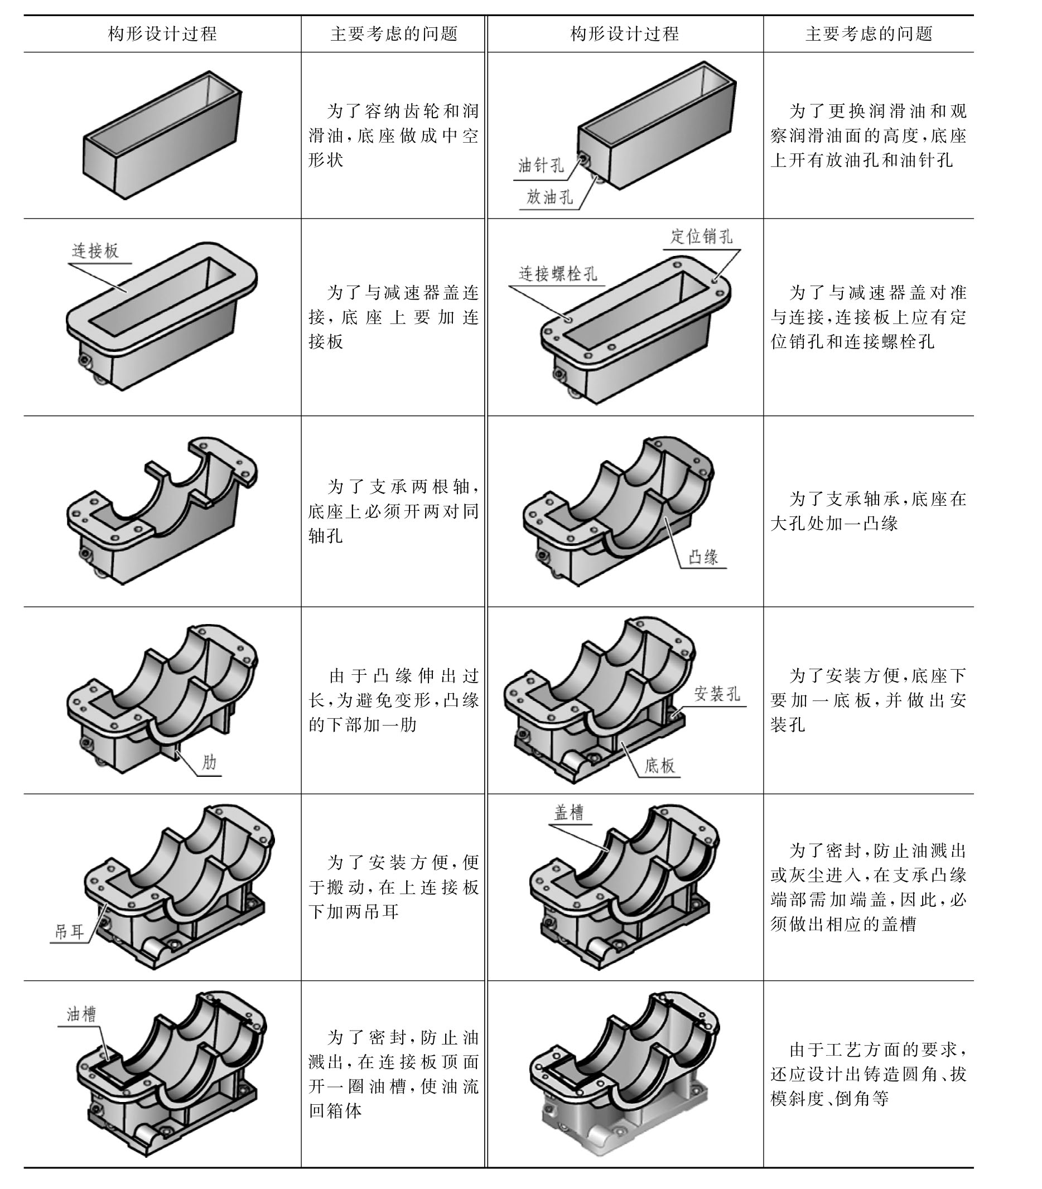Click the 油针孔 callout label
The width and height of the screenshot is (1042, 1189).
point(541,166)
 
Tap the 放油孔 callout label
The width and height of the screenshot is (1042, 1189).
point(549,197)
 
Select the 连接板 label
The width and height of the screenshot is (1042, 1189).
point(95,250)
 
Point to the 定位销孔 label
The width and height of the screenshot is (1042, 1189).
point(702,236)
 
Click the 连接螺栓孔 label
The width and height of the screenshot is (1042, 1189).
point(558,273)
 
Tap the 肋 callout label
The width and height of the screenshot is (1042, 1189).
point(209,762)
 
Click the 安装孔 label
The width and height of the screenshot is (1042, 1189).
point(717,694)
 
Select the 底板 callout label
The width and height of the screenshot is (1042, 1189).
point(659,765)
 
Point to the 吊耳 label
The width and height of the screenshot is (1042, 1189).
point(69,932)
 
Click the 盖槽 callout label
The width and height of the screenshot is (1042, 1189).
point(568,812)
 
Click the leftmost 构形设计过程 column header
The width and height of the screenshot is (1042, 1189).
point(162,33)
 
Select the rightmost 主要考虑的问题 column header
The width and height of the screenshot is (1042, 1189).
point(869,33)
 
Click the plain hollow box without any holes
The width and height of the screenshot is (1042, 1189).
point(162,135)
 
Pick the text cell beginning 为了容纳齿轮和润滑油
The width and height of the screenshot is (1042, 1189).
point(393,136)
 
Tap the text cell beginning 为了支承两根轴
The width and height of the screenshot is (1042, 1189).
point(393,511)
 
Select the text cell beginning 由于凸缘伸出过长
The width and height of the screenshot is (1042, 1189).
point(393,700)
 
